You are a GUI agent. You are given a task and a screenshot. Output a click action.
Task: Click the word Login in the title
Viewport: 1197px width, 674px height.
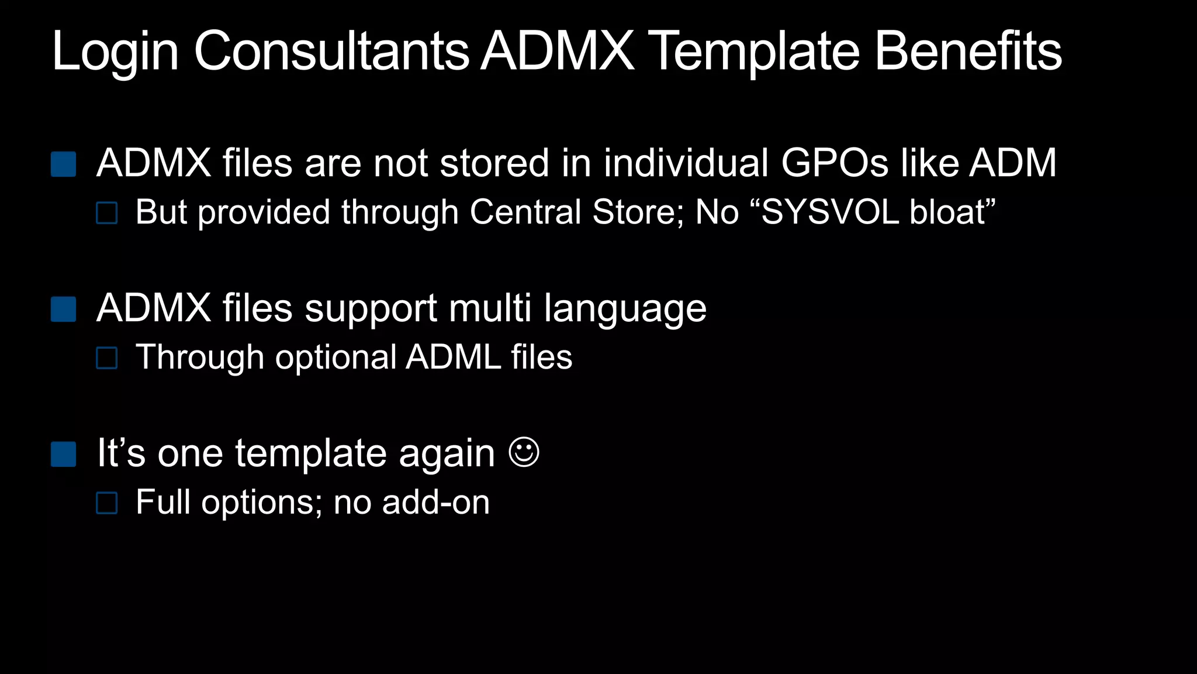point(115,53)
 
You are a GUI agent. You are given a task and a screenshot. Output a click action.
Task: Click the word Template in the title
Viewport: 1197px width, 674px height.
point(754,53)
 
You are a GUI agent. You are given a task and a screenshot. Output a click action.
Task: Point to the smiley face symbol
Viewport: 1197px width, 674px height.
point(524,452)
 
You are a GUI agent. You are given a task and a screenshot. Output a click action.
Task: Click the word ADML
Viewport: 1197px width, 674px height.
point(454,357)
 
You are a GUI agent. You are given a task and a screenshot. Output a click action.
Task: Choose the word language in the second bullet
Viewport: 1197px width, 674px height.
point(625,309)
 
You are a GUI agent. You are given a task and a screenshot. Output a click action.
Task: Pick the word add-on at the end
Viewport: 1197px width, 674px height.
point(435,502)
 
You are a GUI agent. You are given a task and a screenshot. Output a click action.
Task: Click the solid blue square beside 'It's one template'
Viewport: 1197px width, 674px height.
point(64,455)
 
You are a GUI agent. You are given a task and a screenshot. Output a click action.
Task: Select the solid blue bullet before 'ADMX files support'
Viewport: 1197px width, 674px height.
point(64,310)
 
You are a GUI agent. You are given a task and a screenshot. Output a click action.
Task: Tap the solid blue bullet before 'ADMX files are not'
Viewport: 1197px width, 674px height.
point(64,164)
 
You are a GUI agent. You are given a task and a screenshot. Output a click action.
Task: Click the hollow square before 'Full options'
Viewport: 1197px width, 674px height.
point(107,503)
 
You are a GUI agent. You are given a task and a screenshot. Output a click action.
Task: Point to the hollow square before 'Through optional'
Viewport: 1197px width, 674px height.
point(107,358)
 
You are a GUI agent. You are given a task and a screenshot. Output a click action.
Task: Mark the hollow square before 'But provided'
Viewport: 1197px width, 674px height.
point(107,213)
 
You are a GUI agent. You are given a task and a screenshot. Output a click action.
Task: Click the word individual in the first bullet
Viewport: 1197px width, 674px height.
point(686,163)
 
